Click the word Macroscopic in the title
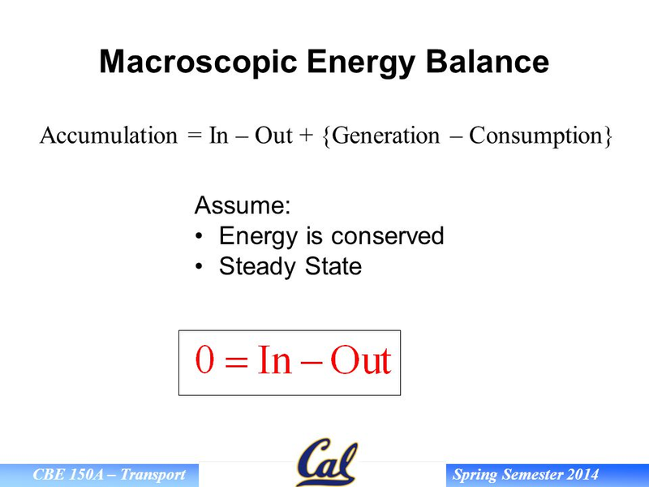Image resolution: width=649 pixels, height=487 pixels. [x=198, y=62]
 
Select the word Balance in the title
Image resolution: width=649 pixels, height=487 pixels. [x=488, y=62]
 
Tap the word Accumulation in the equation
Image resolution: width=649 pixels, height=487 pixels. [x=109, y=136]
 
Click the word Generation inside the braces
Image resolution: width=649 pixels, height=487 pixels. [x=386, y=136]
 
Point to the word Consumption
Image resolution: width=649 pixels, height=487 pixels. [x=535, y=136]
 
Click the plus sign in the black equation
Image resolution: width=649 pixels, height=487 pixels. [x=307, y=136]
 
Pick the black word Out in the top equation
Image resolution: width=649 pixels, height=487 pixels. [x=273, y=136]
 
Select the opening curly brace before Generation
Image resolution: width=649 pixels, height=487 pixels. [x=327, y=136]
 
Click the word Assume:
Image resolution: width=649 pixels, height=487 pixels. [x=243, y=205]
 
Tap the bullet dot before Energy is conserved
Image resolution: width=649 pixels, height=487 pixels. [x=199, y=236]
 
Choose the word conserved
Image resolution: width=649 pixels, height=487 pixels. [x=388, y=235]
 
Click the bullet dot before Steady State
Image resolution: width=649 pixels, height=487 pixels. [x=199, y=266]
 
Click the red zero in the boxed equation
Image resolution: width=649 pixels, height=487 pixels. [x=205, y=360]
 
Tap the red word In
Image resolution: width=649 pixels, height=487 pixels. [x=274, y=360]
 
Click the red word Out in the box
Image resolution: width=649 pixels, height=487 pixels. [x=360, y=360]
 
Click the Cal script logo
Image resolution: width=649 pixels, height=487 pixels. [x=327, y=463]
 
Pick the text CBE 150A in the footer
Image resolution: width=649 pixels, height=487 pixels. [x=68, y=475]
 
